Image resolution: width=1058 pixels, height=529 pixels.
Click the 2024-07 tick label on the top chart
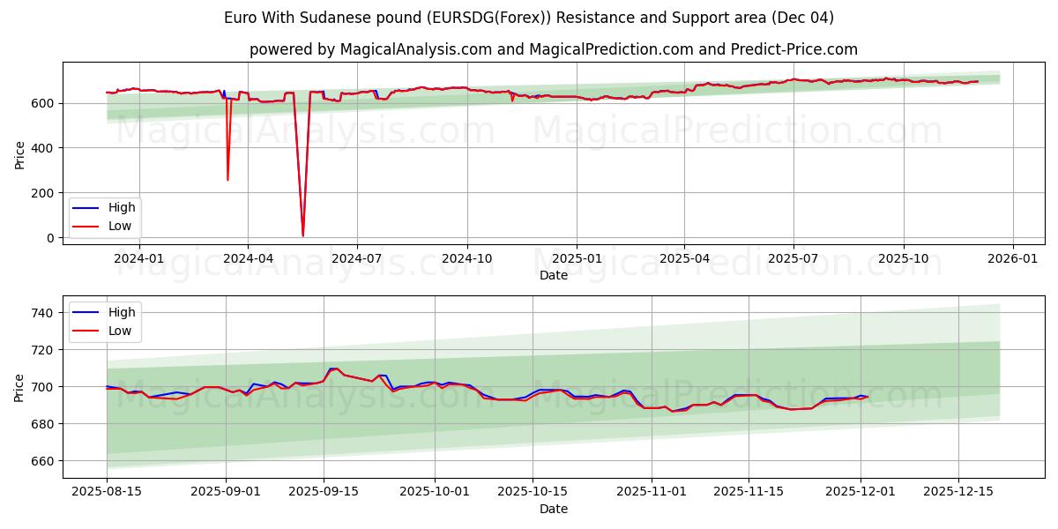click(x=356, y=258)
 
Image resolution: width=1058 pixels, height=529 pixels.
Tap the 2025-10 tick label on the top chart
click(x=903, y=258)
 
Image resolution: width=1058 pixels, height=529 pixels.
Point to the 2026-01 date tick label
click(x=1012, y=258)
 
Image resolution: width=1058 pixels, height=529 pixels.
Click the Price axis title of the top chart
click(x=19, y=154)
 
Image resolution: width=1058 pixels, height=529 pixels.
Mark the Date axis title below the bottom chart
click(x=554, y=509)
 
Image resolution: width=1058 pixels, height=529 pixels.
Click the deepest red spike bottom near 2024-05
click(x=302, y=235)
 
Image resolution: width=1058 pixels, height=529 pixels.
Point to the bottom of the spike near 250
click(x=227, y=180)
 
